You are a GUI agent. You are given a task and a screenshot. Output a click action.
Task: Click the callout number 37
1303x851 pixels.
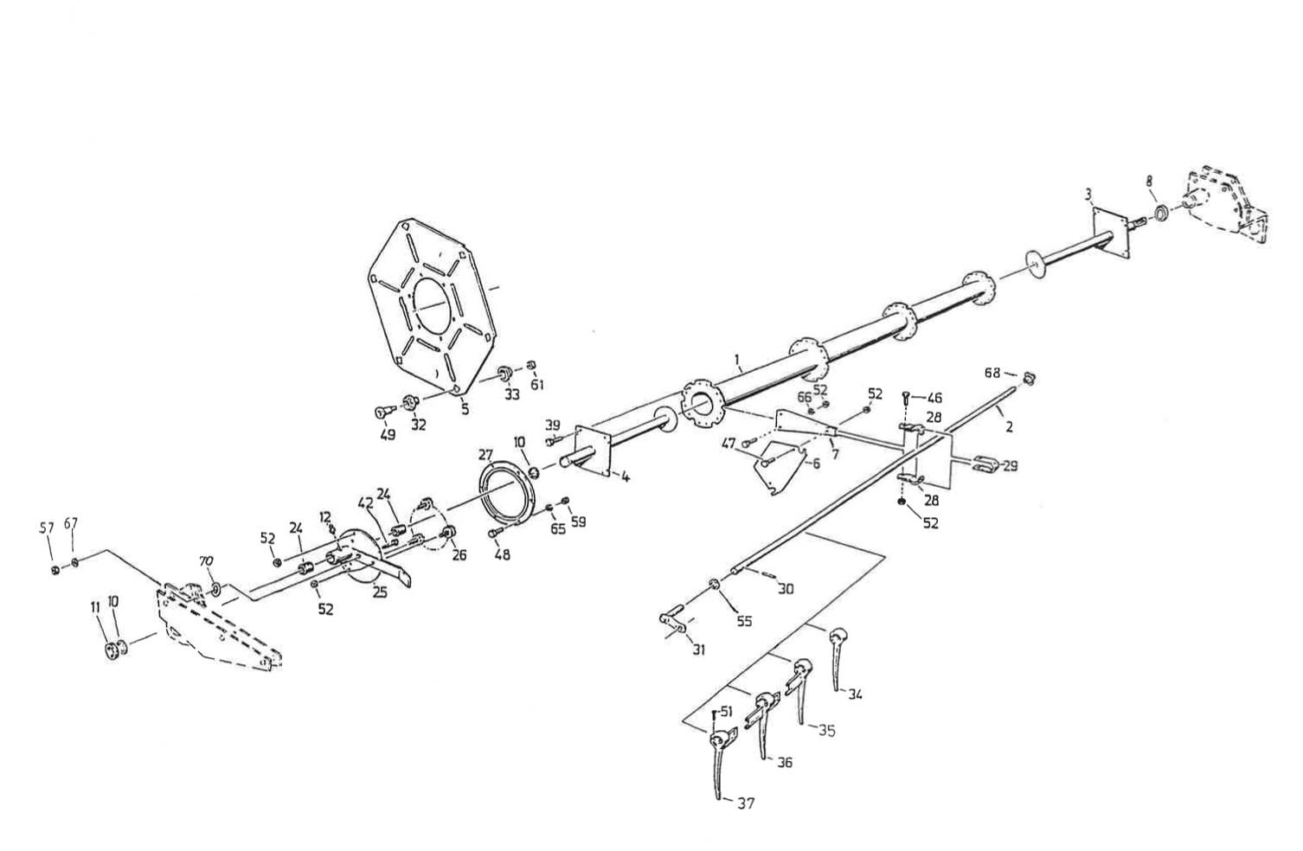[746, 804]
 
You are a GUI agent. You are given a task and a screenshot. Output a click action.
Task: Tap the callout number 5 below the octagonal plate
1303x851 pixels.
[465, 409]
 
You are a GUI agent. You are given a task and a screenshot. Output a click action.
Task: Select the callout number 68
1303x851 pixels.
[992, 373]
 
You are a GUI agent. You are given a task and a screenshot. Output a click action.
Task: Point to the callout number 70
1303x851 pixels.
[206, 561]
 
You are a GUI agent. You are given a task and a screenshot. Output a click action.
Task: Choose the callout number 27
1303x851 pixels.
[485, 454]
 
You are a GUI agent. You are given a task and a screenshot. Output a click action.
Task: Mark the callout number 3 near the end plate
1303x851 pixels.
[1088, 195]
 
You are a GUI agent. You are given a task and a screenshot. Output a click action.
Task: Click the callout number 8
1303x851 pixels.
[1149, 181]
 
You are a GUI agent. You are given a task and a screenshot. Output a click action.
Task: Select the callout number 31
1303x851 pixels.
[698, 649]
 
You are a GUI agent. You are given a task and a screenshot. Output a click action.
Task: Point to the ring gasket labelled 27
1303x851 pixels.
[507, 496]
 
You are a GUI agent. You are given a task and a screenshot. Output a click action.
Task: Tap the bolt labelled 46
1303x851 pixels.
[906, 398]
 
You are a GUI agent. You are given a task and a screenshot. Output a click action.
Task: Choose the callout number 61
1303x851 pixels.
[536, 385]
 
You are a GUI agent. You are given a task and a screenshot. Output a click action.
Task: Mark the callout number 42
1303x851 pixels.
[366, 501]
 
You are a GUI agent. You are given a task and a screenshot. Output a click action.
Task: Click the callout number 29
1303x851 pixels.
[1009, 466]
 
